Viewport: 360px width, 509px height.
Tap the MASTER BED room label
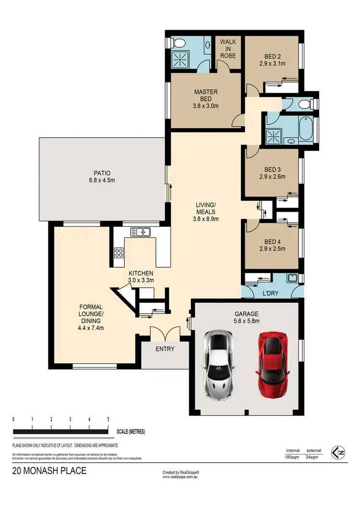(x=206, y=95)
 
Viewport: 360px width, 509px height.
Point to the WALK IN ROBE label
(x=228, y=49)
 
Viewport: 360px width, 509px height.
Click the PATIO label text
(x=102, y=177)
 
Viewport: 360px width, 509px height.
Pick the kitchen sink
(x=141, y=232)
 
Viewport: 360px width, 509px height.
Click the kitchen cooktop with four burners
(x=119, y=254)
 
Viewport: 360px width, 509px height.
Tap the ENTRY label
(x=165, y=349)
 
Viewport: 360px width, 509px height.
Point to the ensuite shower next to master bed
(x=182, y=59)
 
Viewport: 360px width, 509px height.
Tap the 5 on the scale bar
(x=108, y=419)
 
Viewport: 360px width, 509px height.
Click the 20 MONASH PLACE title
(x=49, y=471)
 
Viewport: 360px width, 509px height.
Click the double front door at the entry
(x=164, y=332)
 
